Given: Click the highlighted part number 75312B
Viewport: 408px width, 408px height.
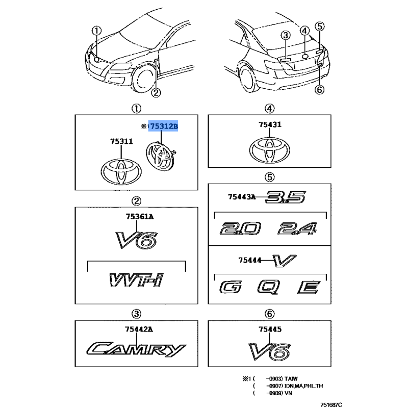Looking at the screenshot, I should click(x=163, y=126).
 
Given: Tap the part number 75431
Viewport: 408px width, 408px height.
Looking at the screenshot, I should click(x=269, y=124).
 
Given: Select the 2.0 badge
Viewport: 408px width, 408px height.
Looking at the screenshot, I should click(x=239, y=228).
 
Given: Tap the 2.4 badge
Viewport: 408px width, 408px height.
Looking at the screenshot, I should click(x=298, y=228).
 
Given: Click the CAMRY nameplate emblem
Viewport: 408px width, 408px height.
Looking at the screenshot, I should click(x=136, y=349).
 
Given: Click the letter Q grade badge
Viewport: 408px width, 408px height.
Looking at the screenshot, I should click(x=267, y=288).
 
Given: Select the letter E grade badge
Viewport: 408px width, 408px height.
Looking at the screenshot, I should click(x=308, y=288).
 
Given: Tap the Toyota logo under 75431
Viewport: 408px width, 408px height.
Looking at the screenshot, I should click(x=269, y=149).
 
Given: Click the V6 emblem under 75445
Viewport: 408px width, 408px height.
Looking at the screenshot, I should click(x=269, y=351).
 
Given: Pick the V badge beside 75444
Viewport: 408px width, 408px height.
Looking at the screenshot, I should click(x=281, y=261).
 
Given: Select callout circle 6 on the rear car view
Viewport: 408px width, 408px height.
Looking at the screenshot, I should click(x=320, y=90).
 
